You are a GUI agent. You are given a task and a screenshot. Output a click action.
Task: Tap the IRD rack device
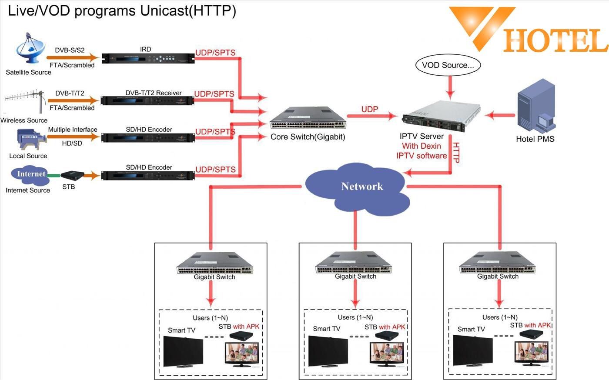pos(148,58)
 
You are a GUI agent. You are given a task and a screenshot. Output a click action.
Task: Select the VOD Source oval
pos(448,65)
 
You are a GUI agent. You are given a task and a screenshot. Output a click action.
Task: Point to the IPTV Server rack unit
pos(442,116)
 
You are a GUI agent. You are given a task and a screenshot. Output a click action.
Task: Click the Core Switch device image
pos(308,118)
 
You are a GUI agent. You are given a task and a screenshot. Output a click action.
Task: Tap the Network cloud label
pos(362,187)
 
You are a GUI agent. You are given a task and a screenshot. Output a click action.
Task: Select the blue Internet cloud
pos(30,174)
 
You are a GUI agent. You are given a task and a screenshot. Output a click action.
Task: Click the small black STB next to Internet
pos(72,175)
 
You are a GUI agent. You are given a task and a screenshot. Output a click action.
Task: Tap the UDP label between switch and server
pos(369,109)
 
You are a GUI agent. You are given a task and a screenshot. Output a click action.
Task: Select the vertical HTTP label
pos(456,153)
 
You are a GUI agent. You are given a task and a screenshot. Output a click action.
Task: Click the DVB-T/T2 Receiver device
pos(147,100)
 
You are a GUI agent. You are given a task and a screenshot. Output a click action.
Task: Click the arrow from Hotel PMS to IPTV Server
pos(500,115)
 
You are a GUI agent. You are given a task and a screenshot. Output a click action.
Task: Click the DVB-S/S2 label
pos(70,50)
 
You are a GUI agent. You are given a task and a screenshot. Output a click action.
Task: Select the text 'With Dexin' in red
pos(422,146)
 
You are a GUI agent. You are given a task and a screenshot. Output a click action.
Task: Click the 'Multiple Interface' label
pos(73,130)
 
